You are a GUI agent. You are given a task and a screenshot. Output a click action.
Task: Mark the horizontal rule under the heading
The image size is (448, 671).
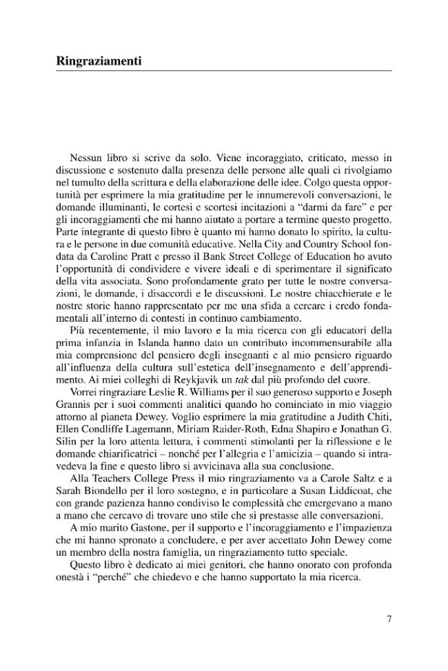pyautogui.click(x=223, y=71)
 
